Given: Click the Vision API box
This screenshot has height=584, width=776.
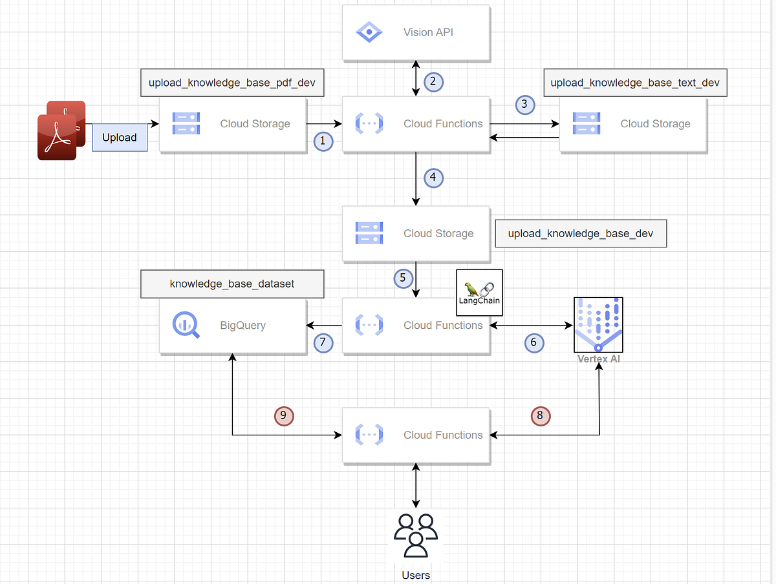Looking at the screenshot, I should click(416, 32).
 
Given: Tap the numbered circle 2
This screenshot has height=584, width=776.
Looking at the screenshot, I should click(433, 81).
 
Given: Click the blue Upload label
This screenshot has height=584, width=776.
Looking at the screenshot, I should click(120, 138).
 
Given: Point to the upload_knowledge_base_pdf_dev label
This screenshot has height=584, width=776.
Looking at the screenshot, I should click(232, 83).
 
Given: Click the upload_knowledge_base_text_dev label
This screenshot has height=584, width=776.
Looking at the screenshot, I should click(635, 83).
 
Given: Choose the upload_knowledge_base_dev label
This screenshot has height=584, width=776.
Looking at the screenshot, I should click(580, 233).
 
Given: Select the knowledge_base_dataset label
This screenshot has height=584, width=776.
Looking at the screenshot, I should click(232, 284).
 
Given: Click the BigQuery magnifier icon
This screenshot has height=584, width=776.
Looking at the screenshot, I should click(186, 325).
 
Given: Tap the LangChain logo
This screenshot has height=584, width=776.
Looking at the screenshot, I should click(479, 292).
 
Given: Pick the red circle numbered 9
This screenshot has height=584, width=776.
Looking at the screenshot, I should click(284, 416).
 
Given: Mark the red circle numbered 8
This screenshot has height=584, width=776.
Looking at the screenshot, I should click(541, 416).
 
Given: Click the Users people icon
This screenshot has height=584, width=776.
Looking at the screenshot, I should click(415, 534).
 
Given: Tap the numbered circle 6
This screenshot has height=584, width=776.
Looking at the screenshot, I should click(533, 342).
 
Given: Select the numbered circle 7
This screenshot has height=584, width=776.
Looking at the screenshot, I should click(323, 342).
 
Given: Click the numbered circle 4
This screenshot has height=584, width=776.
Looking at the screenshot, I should click(433, 177).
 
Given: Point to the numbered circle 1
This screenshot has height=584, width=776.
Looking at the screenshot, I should click(323, 141).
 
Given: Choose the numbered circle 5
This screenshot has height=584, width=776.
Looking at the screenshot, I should click(403, 278).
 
